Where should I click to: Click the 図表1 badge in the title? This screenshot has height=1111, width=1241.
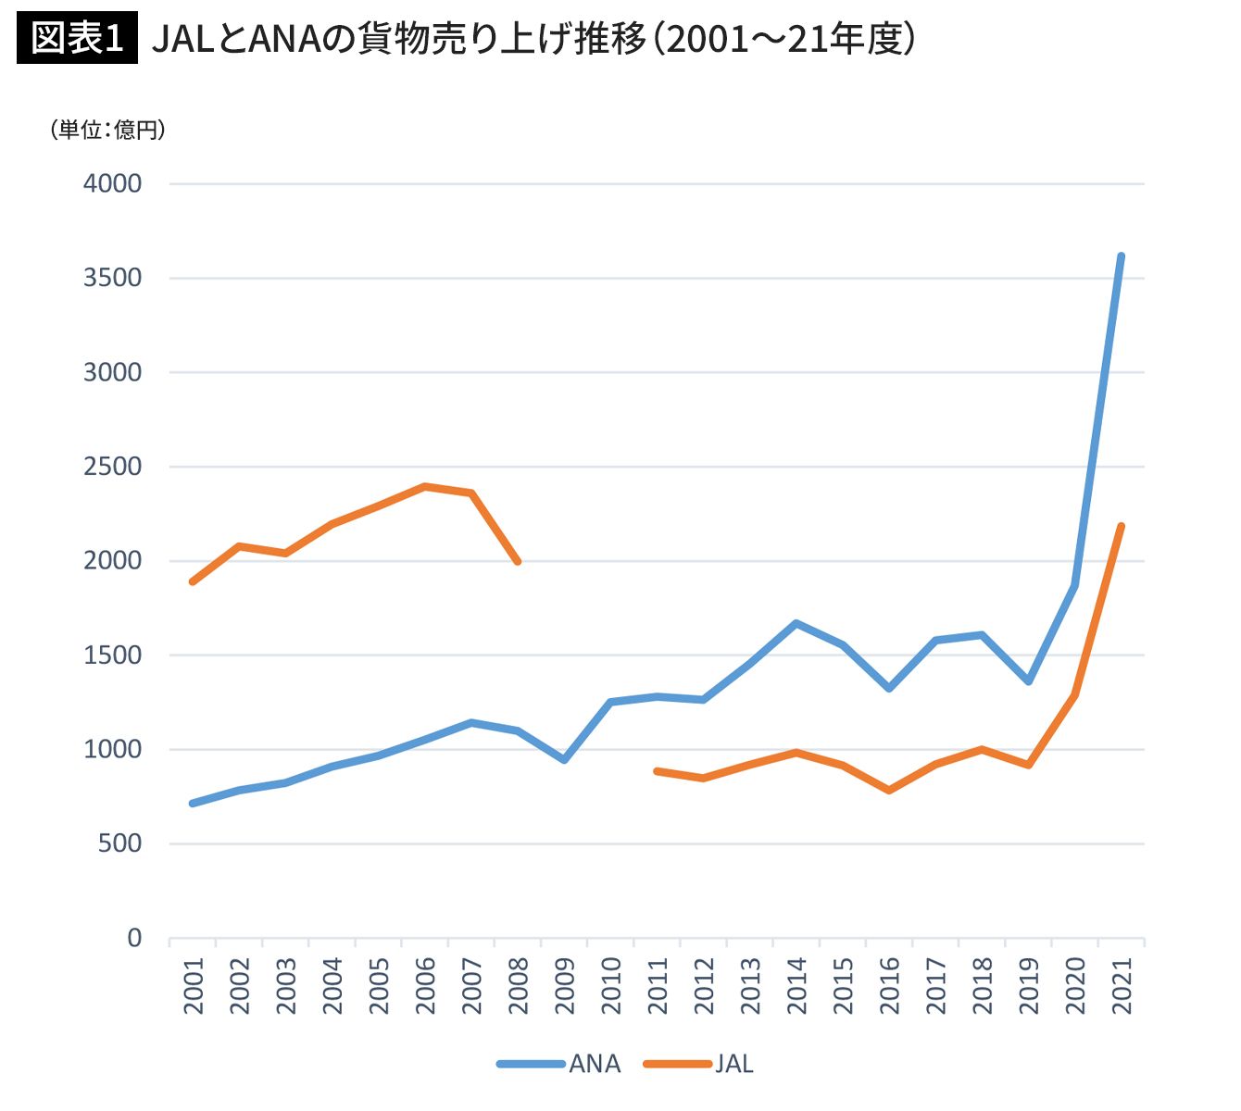coord(77,40)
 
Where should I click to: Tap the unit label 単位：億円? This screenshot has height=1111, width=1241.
coord(108,130)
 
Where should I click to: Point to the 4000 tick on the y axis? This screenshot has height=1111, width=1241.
coord(113,183)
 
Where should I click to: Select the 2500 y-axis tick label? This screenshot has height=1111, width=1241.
coord(113,467)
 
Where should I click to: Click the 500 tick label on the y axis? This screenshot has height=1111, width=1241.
coord(120,843)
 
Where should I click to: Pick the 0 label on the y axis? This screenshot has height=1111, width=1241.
coord(135,938)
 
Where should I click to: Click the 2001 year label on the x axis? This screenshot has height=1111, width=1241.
coord(194,986)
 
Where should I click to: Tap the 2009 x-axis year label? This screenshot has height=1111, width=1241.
coord(565,986)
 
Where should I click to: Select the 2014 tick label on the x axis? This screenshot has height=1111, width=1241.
coord(796,986)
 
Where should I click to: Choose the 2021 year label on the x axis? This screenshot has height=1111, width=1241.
coord(1122,986)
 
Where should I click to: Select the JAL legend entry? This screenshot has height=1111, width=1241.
coord(700,1064)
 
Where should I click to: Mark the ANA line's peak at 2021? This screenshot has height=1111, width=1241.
coord(1121,256)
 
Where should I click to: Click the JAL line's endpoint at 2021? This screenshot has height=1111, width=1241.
coord(1121,527)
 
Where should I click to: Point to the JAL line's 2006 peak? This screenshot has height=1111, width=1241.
coord(424,486)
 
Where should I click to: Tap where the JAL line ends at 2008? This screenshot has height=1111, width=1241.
coord(518,561)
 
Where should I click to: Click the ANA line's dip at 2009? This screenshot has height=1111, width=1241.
coord(564,760)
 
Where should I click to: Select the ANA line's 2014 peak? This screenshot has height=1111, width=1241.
coord(796,623)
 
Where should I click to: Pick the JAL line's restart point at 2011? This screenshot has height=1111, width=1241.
coord(657,770)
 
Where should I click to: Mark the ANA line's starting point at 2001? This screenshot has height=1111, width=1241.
coord(193,803)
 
